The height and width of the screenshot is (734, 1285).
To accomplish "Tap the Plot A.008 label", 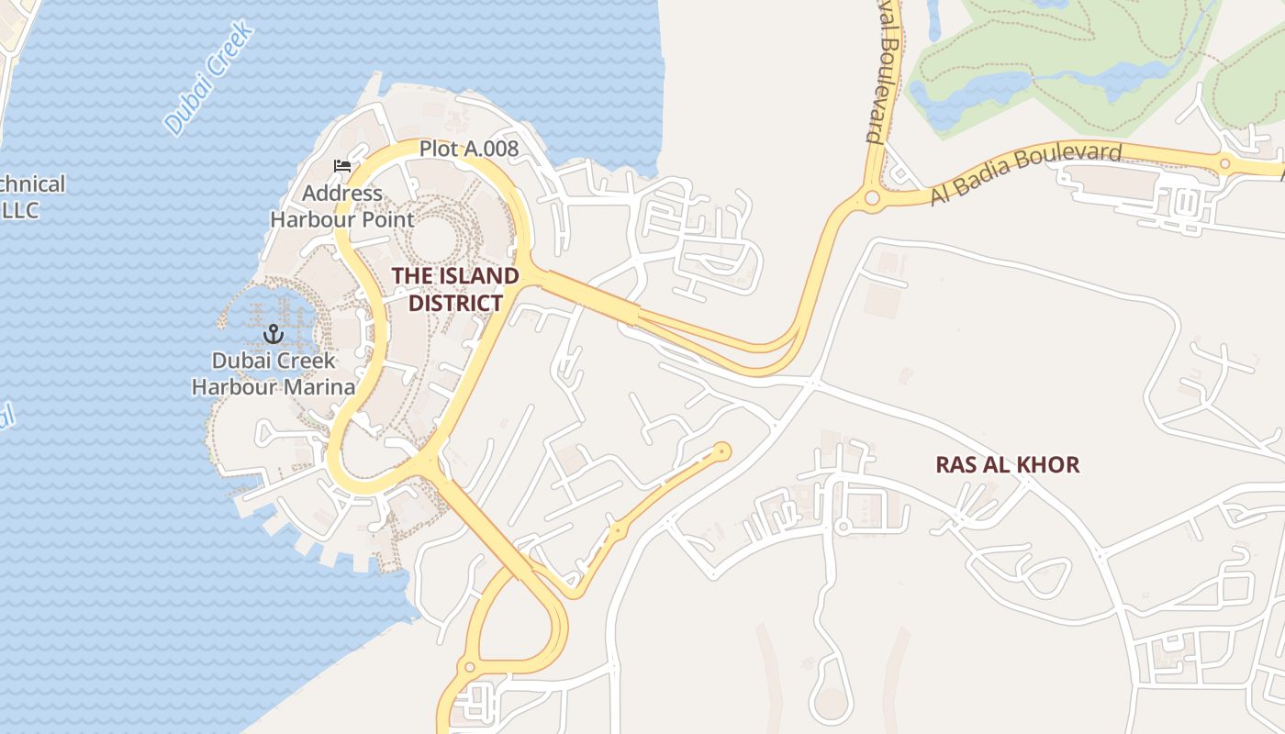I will pyautogui.click(x=469, y=148).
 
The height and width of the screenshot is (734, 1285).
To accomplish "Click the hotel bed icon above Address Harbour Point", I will pyautogui.click(x=342, y=166).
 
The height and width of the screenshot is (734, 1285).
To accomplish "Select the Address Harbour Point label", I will pyautogui.click(x=342, y=206).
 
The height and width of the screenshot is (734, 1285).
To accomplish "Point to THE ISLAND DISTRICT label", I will pyautogui.click(x=455, y=289).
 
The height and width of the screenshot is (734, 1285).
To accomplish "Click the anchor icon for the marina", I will pyautogui.click(x=272, y=334).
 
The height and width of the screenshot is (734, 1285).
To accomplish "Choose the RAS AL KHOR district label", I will pyautogui.click(x=1007, y=464).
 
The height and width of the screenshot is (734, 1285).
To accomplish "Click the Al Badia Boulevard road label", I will pyautogui.click(x=1026, y=173).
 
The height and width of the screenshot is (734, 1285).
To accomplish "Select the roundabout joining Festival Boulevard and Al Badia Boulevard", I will pyautogui.click(x=872, y=197).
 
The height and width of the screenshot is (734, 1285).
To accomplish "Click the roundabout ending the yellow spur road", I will pyautogui.click(x=722, y=450).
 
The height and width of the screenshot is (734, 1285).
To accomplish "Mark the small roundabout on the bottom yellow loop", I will pyautogui.click(x=470, y=667).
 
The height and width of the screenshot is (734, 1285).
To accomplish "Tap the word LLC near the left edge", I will pyautogui.click(x=20, y=210).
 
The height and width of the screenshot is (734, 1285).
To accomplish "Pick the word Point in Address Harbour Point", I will pyautogui.click(x=388, y=219).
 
